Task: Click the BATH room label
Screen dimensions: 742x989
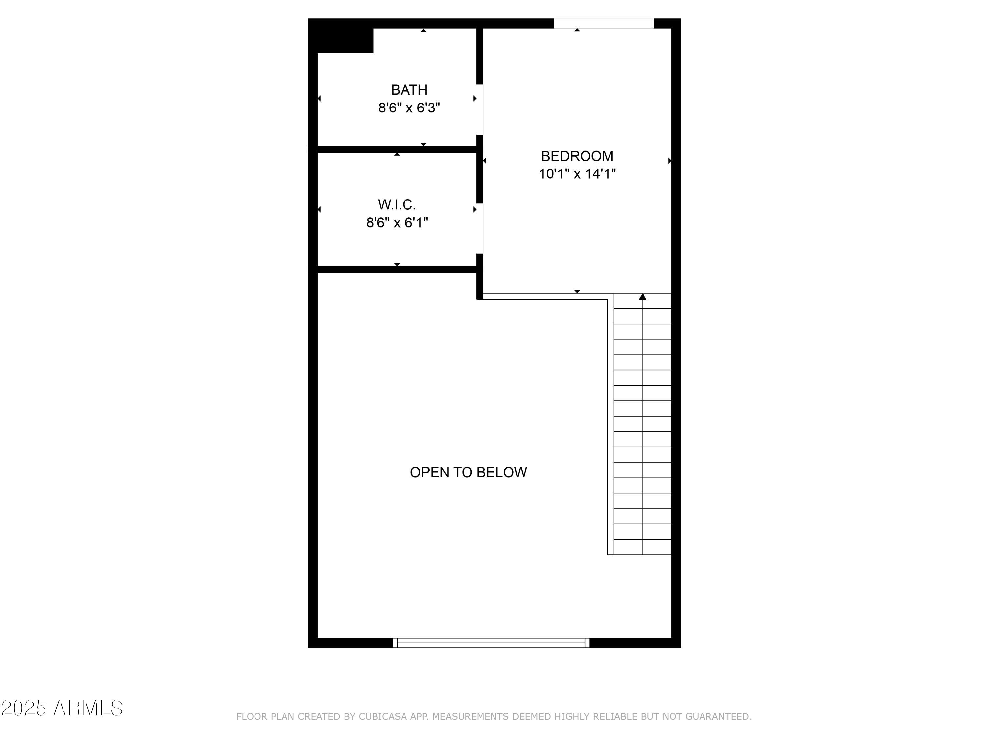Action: (409, 90)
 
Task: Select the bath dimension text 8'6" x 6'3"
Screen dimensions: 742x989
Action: (409, 108)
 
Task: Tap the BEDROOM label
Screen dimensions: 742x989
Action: (577, 156)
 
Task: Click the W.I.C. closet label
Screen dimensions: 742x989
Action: (397, 205)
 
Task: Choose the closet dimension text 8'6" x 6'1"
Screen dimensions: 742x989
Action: (397, 222)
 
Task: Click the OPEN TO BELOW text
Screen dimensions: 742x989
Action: (468, 472)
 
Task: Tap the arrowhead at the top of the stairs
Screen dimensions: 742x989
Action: (643, 296)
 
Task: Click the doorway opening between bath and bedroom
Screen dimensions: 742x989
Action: (479, 109)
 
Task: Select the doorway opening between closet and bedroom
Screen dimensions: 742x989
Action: (479, 228)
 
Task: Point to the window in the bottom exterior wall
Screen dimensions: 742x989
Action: (491, 643)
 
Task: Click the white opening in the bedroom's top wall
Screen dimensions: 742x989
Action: (604, 23)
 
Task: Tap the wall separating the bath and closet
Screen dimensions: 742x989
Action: (397, 149)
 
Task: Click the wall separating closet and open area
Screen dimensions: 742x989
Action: (397, 269)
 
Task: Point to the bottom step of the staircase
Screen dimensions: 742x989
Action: (643, 547)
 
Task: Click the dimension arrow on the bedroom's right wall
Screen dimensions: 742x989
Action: (669, 161)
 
